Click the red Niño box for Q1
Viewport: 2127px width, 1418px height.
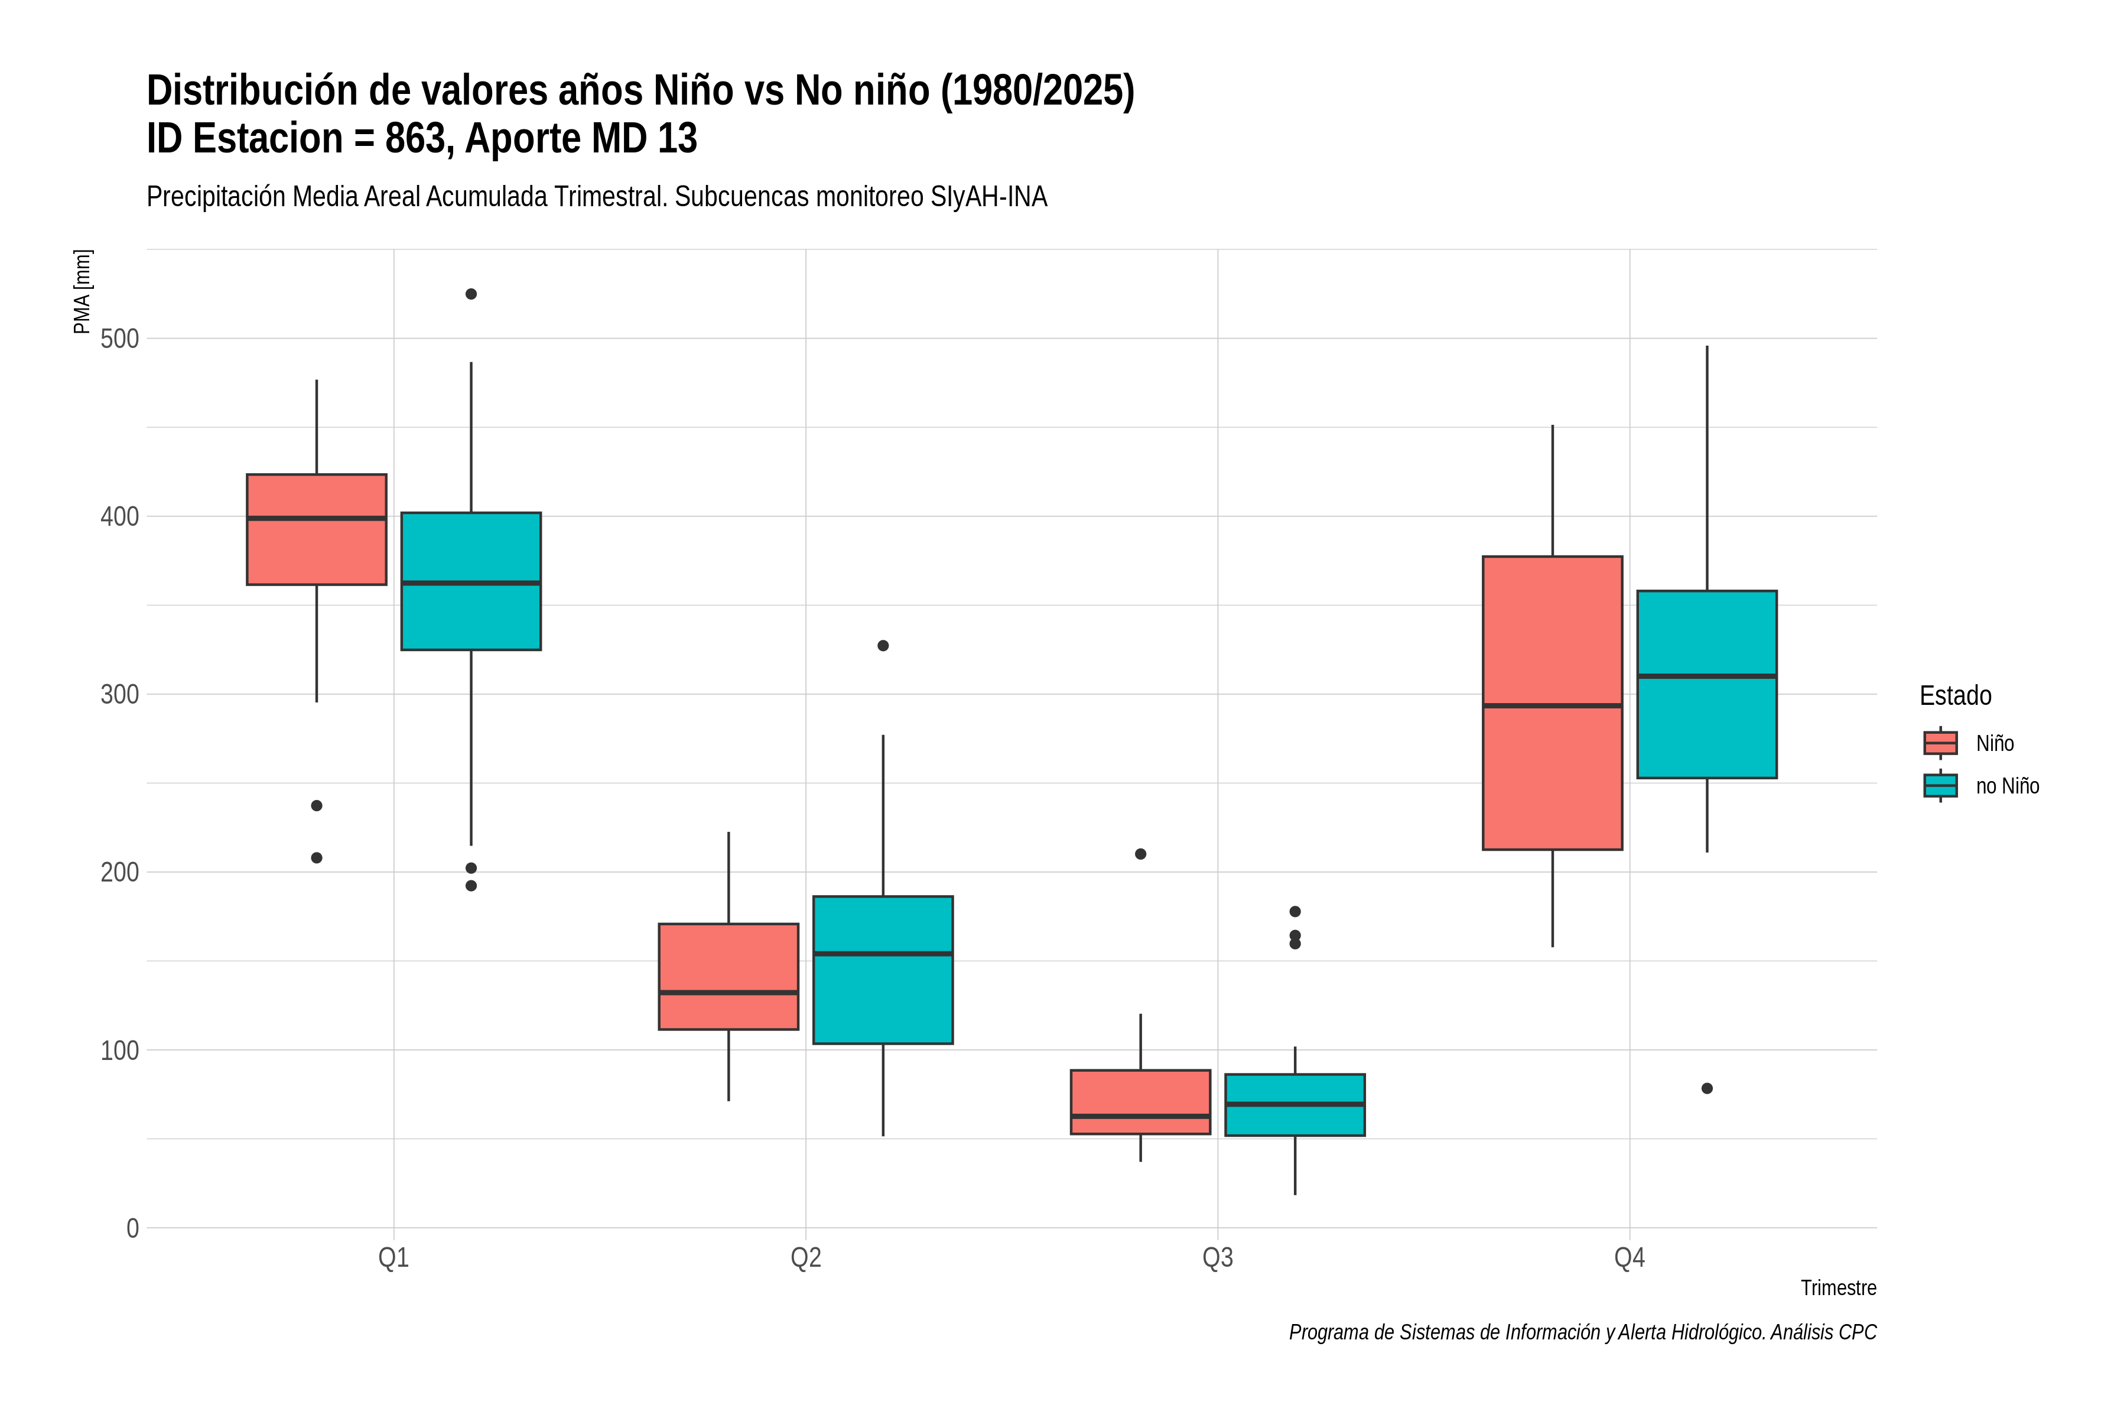point(317,529)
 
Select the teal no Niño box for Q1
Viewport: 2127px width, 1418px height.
point(471,581)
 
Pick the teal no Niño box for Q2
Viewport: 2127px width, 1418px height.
point(883,970)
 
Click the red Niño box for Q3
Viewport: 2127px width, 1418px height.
point(1140,1102)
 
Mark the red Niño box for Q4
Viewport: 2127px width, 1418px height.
point(1553,703)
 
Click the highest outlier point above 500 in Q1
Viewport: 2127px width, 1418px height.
point(471,294)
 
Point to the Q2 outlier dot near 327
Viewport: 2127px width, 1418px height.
point(883,646)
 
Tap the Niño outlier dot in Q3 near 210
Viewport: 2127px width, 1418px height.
point(1140,854)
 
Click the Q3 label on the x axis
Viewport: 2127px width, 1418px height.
point(1217,1258)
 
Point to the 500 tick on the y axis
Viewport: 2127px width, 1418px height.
point(119,339)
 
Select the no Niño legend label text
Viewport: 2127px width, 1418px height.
point(2008,786)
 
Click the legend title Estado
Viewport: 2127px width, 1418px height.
point(1955,695)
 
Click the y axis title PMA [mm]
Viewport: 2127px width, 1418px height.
point(82,292)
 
